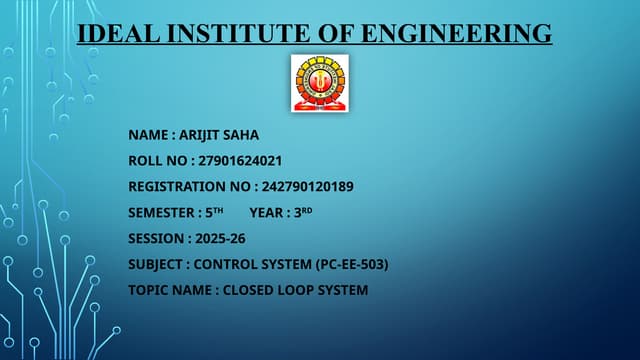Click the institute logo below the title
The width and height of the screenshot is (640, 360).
(x=320, y=83)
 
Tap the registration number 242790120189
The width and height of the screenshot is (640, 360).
(x=306, y=186)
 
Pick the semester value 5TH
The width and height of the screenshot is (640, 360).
(x=212, y=212)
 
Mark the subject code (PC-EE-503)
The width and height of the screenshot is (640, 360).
(x=351, y=264)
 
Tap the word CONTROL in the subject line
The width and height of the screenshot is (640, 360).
(x=225, y=264)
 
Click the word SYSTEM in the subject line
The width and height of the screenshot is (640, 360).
(x=286, y=264)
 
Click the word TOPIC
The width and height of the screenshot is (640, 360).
(x=146, y=290)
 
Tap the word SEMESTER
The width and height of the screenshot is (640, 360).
(x=160, y=212)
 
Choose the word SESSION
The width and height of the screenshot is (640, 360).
(x=155, y=238)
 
